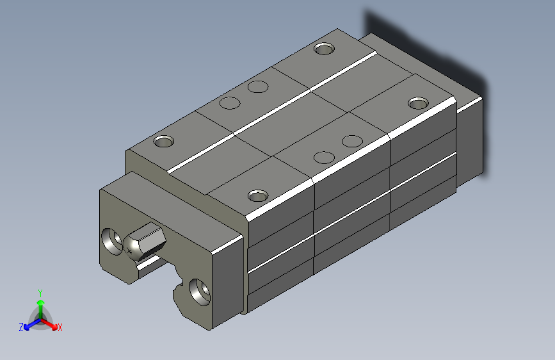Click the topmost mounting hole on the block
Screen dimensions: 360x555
pos(325,49)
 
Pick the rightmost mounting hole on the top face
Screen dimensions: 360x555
pos(419,102)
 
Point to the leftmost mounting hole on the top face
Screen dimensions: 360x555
pos(163,141)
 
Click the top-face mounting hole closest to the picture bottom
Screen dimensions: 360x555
pos(258,195)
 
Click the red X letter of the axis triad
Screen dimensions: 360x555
pos(60,328)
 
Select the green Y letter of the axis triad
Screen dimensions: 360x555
pos(40,291)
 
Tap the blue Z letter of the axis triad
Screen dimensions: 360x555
pos(21,327)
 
